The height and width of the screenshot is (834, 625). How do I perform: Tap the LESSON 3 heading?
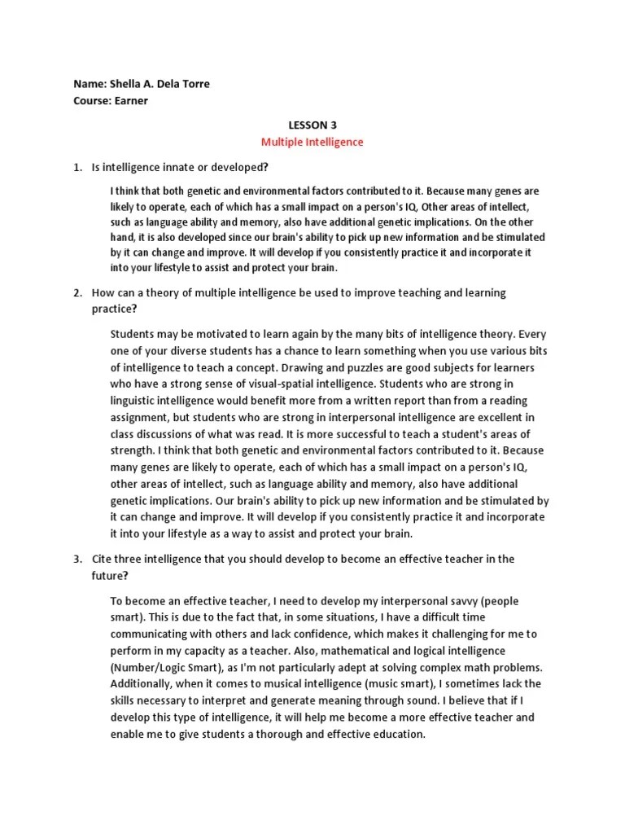(312, 125)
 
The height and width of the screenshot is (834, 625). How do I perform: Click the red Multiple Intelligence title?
(312, 142)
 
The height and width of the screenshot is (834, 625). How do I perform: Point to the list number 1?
(76, 167)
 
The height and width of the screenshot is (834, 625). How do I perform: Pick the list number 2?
(76, 292)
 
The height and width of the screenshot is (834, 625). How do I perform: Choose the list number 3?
(76, 559)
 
